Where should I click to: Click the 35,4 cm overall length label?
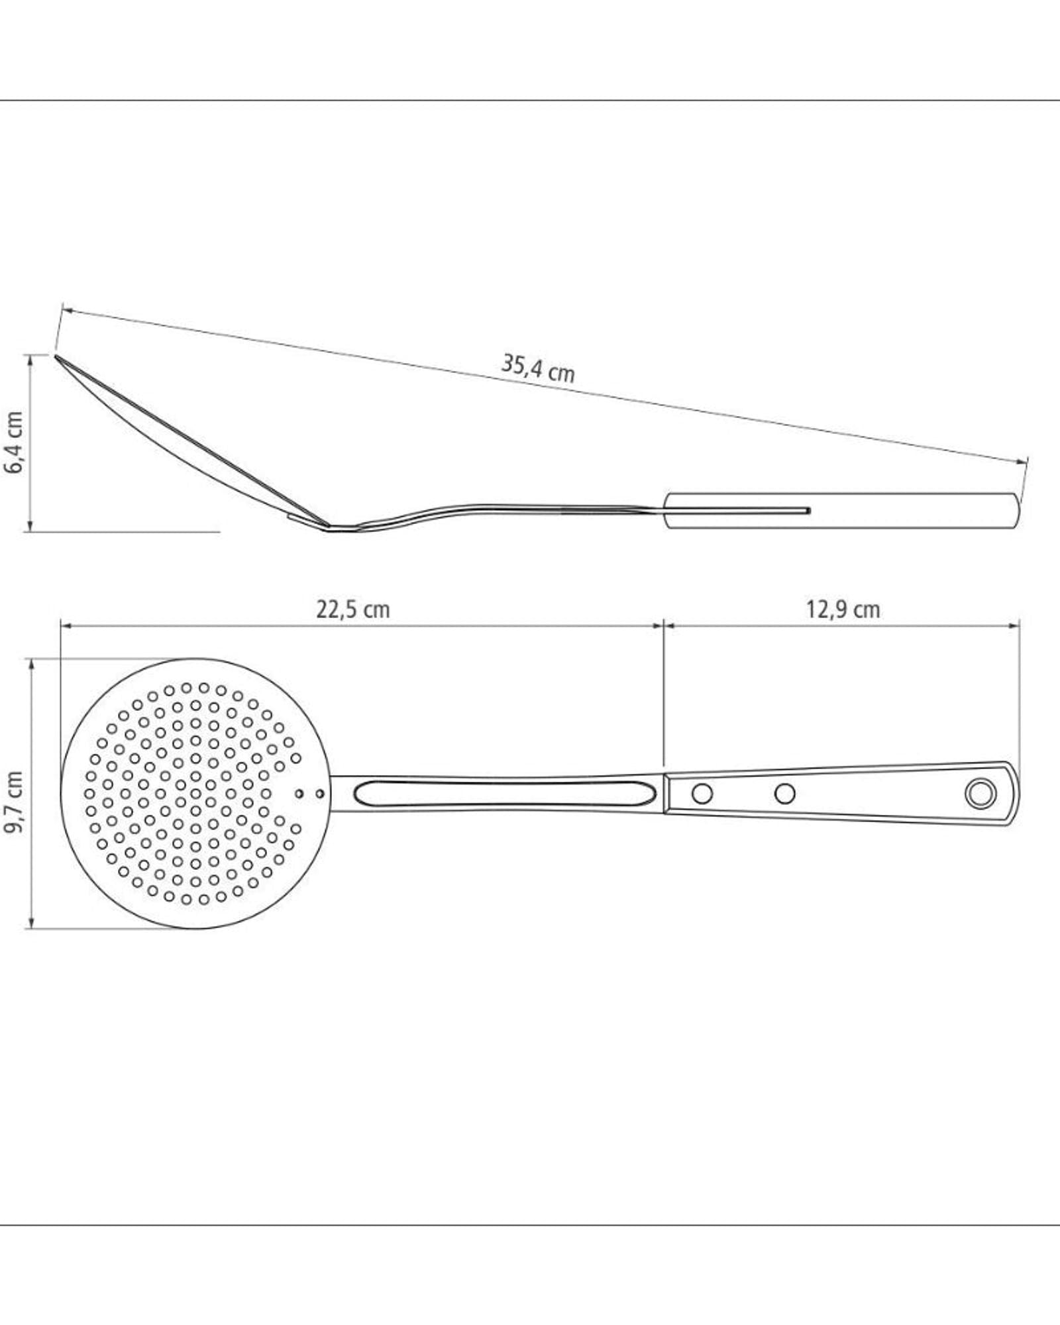pyautogui.click(x=538, y=368)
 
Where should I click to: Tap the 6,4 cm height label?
pyautogui.click(x=14, y=443)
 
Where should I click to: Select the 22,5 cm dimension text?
pyautogui.click(x=352, y=609)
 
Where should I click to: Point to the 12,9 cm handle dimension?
pyautogui.click(x=843, y=609)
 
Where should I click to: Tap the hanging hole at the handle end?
pyautogui.click(x=980, y=792)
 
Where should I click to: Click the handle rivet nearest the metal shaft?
pyautogui.click(x=702, y=792)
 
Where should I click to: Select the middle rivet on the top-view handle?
pyautogui.click(x=785, y=792)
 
